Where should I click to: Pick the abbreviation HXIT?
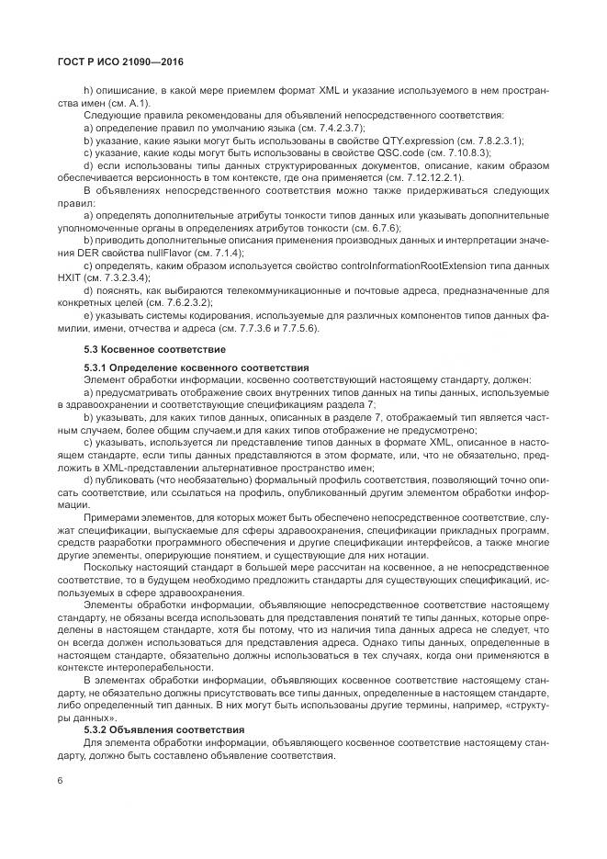pos(69,277)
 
